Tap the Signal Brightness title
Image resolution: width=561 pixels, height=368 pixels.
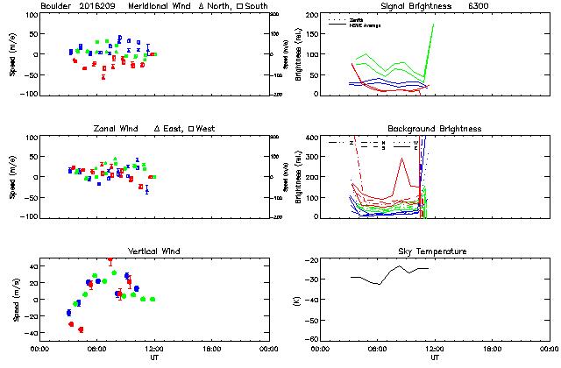tap(415, 5)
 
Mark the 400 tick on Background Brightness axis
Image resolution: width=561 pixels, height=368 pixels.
tap(308, 138)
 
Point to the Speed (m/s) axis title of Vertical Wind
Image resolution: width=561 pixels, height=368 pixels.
tap(15, 299)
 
